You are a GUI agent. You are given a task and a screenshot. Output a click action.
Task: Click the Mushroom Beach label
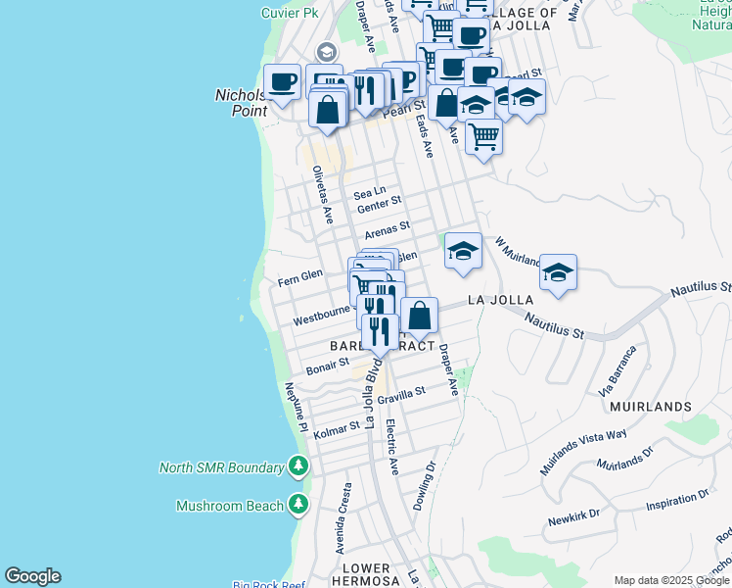(231, 506)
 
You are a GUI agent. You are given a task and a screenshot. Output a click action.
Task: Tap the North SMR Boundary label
(221, 467)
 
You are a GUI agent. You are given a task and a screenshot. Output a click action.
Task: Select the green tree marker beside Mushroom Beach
(298, 506)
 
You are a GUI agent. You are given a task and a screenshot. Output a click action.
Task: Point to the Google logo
(32, 576)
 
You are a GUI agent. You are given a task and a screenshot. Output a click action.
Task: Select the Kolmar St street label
(337, 427)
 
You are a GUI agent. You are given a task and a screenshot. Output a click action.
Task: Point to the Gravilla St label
(402, 395)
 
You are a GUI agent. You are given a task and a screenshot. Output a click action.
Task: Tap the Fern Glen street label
(299, 277)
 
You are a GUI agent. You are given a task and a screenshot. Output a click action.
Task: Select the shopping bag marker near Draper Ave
(419, 317)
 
